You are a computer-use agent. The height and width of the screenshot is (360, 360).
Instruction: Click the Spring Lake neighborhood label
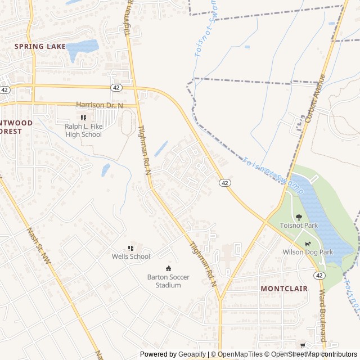point(40,46)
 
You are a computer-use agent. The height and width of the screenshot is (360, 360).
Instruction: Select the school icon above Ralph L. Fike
point(84,118)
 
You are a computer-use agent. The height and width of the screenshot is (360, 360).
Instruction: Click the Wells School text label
point(131,256)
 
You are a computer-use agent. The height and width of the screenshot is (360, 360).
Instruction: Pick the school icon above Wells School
point(131,248)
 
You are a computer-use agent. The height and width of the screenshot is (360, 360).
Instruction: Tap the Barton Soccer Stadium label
point(168,281)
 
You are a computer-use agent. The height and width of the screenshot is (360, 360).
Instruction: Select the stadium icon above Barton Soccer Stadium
point(168,268)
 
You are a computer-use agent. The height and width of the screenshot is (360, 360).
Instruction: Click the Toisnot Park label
point(299,225)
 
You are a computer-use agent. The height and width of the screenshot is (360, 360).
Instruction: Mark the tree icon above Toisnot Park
point(299,217)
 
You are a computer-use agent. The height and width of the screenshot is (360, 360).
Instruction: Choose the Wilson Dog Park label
point(308,252)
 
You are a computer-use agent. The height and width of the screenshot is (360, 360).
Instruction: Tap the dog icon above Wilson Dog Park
point(308,244)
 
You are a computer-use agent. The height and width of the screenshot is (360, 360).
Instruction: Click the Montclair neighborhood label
point(284,288)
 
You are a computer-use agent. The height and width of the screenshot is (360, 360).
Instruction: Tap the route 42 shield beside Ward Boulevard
point(319,275)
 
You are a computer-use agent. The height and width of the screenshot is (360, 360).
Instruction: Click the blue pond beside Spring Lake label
point(82,49)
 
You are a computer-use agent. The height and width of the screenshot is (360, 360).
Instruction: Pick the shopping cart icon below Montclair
point(303,345)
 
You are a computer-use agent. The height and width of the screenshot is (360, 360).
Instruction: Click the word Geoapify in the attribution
point(191,354)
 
